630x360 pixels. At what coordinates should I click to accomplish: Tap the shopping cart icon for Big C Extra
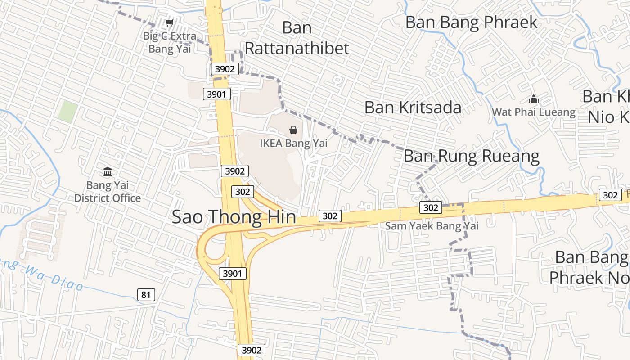[x=170, y=22]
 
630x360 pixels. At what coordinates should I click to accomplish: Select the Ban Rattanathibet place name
[x=297, y=38]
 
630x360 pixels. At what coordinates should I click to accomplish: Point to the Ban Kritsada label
[x=413, y=108]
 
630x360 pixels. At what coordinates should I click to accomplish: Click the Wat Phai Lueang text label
[x=533, y=112]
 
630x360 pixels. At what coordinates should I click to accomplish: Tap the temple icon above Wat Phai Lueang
[x=533, y=99]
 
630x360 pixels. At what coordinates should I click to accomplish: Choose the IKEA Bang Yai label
[x=293, y=144]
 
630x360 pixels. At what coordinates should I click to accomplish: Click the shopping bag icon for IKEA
[x=293, y=130]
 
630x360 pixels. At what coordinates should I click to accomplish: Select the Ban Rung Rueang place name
[x=471, y=156]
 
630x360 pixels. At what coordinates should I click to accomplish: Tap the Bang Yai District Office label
[x=108, y=192]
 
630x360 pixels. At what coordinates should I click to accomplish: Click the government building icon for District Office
[x=108, y=172]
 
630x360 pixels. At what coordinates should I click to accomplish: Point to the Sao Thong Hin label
[x=234, y=217]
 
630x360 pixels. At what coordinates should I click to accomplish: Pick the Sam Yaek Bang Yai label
[x=432, y=226]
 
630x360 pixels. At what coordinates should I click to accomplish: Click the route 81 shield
[x=146, y=295]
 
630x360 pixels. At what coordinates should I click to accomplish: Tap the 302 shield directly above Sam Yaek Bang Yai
[x=431, y=207]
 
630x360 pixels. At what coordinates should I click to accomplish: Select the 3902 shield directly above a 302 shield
[x=235, y=171]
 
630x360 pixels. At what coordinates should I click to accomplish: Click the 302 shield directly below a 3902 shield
[x=243, y=192]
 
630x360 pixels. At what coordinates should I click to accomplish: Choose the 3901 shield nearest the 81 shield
[x=233, y=273]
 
